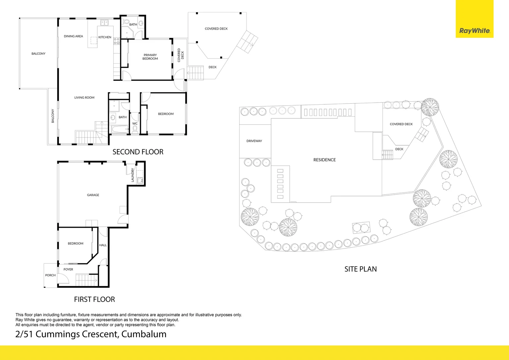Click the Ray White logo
click(x=474, y=31)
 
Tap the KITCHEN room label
click(x=105, y=37)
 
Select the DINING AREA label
click(x=73, y=36)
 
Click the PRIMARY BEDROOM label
click(x=150, y=57)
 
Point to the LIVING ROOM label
click(x=84, y=98)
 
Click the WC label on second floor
click(x=135, y=124)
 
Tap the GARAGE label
click(x=93, y=195)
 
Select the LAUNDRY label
click(x=133, y=175)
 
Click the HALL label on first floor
click(x=103, y=245)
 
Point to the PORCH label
click(x=50, y=275)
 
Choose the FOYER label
click(x=68, y=269)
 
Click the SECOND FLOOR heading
click(x=138, y=152)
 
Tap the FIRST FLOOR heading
click(x=94, y=299)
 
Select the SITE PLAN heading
click(x=360, y=269)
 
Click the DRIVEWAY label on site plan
click(x=254, y=141)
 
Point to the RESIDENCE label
click(x=324, y=160)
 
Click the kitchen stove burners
click(x=117, y=41)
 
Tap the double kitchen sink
click(x=104, y=23)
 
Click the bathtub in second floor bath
click(x=119, y=129)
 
